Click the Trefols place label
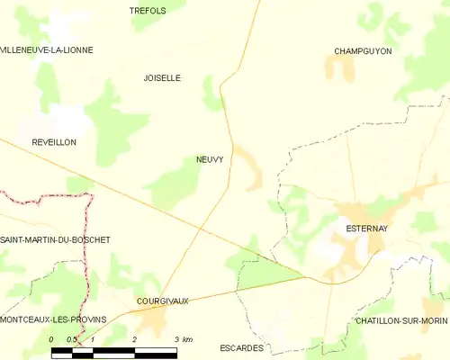coord(148,10)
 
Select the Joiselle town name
coord(162,78)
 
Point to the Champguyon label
coord(363,51)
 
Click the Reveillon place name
coord(54,142)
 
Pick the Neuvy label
coord(210,159)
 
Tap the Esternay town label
coord(366,229)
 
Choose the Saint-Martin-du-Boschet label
coord(55,239)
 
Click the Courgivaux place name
coord(160,301)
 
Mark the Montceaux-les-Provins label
coord(53,319)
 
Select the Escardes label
coord(241,346)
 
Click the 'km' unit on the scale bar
coord(187,339)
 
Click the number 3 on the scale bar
coord(176,339)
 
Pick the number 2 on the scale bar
coord(134,339)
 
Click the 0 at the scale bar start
coord(52,339)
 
